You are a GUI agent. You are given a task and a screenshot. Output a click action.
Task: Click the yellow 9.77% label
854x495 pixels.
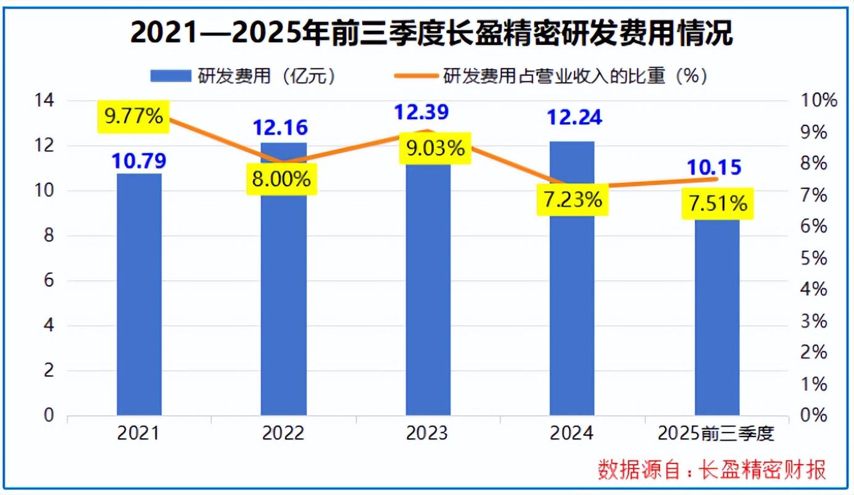pos(133,116)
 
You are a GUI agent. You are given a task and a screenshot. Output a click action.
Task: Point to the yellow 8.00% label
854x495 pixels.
pos(281,179)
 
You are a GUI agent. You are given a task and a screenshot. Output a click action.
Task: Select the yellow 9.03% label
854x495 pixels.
pos(434,148)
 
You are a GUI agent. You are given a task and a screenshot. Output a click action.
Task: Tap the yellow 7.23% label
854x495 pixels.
pos(573,199)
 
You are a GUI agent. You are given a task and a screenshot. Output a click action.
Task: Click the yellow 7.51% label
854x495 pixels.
pos(718,204)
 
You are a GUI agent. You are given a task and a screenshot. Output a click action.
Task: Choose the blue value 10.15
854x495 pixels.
pos(714,167)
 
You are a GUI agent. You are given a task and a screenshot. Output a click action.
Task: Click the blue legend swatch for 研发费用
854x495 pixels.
pos(171,76)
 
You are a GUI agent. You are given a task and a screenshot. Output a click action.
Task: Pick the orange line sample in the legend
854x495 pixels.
pos(417,76)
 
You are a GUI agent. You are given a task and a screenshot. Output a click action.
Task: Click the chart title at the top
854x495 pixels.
pos(431,34)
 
